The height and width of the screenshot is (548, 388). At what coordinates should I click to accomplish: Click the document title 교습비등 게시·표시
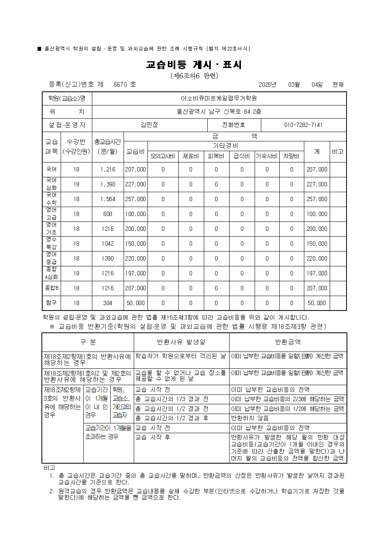pos(194,65)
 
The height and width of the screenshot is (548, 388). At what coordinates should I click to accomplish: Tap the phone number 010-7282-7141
pos(303,125)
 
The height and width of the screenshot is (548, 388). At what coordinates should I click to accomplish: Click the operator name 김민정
pos(149,125)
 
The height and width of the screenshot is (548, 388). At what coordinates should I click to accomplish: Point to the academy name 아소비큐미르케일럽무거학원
pos(219,98)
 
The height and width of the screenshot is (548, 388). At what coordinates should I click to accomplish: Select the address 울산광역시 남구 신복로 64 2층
pos(219,112)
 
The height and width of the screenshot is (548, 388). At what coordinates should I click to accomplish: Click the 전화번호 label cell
pos(234,125)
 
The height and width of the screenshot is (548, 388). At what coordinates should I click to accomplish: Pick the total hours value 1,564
pos(108,199)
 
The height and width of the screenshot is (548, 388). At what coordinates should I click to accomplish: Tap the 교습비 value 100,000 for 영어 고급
pos(135,214)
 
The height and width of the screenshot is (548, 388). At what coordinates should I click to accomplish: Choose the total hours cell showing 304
pos(108,303)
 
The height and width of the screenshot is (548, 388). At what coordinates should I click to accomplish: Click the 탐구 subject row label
pos(51,303)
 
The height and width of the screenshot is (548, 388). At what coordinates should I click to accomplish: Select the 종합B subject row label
pos(51,288)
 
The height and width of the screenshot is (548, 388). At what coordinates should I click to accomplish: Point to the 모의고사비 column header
pos(163,156)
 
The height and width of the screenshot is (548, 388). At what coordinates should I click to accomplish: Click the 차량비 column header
pos(291,156)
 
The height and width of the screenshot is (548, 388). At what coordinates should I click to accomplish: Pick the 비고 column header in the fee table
pos(338,151)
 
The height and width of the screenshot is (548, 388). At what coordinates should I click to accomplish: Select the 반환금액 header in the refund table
pos(288,342)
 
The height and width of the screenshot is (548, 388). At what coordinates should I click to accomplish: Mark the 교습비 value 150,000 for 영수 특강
pos(135,244)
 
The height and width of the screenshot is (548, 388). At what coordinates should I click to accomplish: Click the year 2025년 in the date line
pos(268,84)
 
